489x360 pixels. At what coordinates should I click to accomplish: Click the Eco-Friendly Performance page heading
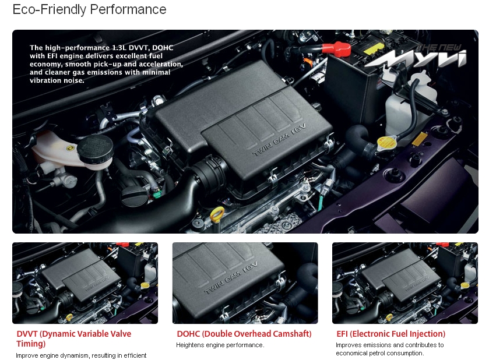coord(89,10)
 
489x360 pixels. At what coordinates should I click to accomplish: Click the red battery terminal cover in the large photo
coord(336,48)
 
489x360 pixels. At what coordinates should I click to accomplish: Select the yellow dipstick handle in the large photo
coord(217,213)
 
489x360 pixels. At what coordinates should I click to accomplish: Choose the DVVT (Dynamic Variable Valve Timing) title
coord(73,338)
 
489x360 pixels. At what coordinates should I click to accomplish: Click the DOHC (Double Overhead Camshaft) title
coord(244,334)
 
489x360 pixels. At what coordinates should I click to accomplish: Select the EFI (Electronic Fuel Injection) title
coord(391,334)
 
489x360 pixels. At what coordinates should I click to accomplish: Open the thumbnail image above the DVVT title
coord(85,283)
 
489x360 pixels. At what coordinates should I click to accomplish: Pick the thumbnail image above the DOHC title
coord(245,283)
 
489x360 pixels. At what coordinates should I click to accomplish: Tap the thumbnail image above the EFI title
coord(405,283)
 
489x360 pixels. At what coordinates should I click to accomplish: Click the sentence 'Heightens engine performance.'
coord(220,345)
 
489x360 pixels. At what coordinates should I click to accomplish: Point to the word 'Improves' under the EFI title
coord(349,345)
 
